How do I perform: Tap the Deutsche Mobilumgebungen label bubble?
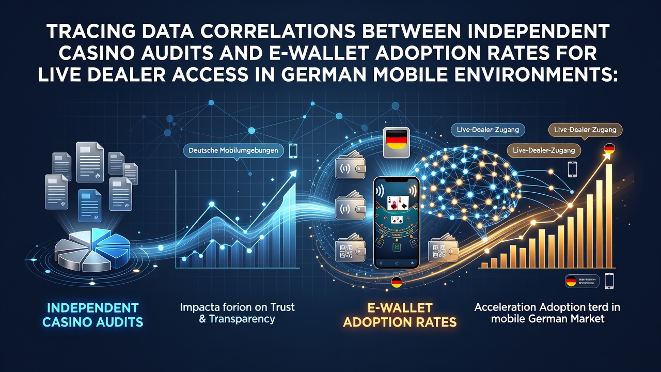(233, 150)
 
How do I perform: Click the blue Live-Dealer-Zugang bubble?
(488, 130)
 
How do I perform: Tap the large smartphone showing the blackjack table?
(396, 223)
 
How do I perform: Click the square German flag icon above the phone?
(396, 142)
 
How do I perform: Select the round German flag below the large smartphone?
(397, 283)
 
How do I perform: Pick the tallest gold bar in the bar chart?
(608, 216)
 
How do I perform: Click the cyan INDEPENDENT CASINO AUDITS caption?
(92, 315)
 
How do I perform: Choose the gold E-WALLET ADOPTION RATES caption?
(400, 315)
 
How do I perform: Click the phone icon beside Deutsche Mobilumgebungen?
(293, 150)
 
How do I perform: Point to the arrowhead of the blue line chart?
(293, 173)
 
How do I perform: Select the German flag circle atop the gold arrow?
(609, 148)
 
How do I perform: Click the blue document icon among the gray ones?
(90, 206)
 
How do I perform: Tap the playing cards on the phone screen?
(398, 203)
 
